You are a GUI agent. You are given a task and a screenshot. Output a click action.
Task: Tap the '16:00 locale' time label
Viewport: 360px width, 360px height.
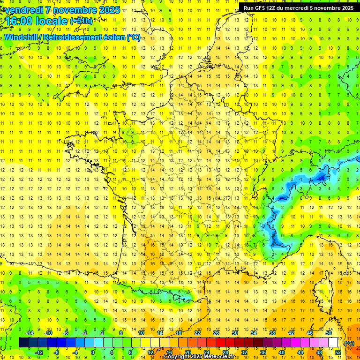[x=35, y=21]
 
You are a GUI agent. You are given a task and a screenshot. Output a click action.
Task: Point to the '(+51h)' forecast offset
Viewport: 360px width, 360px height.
[x=81, y=21]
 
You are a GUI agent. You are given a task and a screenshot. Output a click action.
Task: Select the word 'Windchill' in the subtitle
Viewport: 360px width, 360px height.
[x=22, y=37]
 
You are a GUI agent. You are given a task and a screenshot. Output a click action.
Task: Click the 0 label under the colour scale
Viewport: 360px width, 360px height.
[x=93, y=352]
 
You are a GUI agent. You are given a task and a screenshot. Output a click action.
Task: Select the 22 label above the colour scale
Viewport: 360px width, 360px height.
[x=197, y=333]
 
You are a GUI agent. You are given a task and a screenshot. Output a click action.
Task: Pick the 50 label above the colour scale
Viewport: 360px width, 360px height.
[x=328, y=333]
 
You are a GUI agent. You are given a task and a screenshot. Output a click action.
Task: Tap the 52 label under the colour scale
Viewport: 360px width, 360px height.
[x=337, y=352]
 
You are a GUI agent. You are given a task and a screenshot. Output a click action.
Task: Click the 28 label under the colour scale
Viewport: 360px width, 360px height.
[x=225, y=352]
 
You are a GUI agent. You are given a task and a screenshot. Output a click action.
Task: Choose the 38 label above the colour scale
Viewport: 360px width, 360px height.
[x=272, y=333]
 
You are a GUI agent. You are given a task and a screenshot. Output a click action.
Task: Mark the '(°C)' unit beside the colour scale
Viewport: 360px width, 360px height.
[x=349, y=343]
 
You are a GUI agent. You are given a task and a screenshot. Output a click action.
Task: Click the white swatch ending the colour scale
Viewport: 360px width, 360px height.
[x=333, y=343]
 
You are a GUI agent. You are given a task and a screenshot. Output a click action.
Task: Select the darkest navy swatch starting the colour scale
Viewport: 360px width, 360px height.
[x=23, y=343]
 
